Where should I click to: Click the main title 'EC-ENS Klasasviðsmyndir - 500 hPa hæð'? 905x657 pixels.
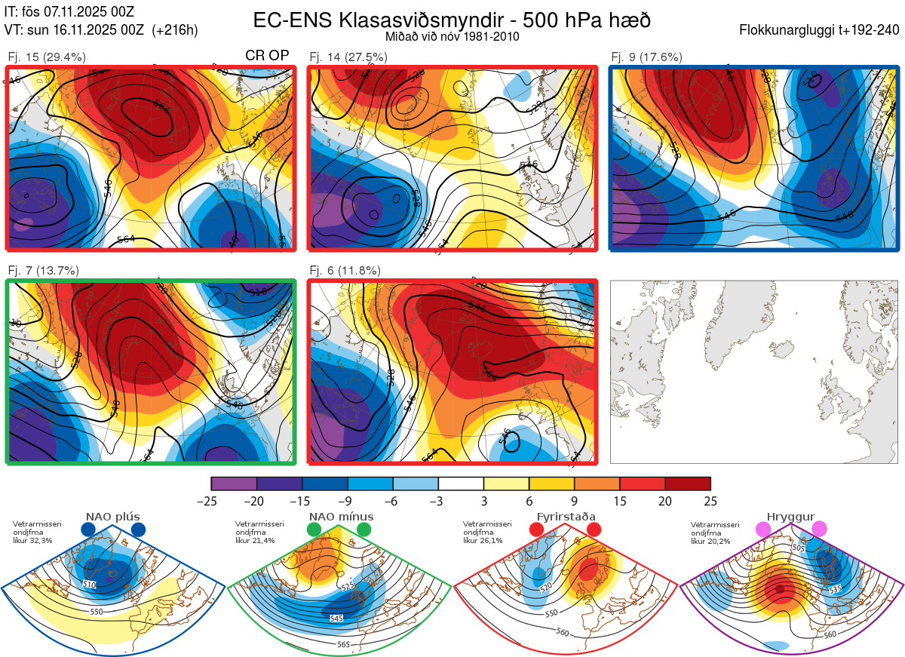click(x=452, y=20)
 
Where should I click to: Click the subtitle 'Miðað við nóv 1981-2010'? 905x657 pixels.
click(x=452, y=36)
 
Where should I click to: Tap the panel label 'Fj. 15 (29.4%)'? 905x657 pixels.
click(x=47, y=57)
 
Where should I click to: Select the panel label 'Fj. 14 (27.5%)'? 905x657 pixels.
click(x=348, y=57)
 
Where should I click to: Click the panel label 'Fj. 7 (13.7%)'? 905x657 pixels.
click(x=43, y=270)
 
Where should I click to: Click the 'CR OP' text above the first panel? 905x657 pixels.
click(x=268, y=56)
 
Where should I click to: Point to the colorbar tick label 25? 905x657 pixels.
click(x=710, y=501)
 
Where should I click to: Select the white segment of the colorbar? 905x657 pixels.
click(x=461, y=483)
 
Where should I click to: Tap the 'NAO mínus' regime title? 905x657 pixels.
click(x=341, y=517)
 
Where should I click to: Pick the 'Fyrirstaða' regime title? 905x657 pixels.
click(x=566, y=517)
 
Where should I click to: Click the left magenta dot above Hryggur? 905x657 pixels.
click(x=762, y=530)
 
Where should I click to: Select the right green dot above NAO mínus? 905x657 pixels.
click(x=365, y=530)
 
